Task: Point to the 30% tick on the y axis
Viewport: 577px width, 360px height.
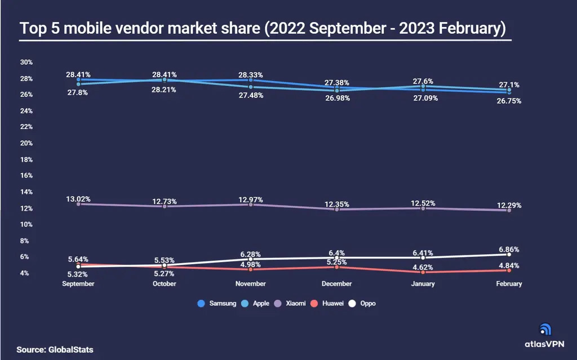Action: click(26, 62)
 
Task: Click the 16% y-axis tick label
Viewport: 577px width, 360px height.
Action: click(26, 176)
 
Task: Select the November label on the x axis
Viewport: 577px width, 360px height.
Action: click(251, 284)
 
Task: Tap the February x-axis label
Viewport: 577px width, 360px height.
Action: click(509, 284)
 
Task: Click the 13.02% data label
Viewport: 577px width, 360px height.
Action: click(78, 199)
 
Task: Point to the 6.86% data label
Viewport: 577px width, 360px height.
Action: click(509, 249)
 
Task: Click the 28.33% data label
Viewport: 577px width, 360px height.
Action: click(251, 75)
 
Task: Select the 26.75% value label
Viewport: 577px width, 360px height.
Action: click(509, 101)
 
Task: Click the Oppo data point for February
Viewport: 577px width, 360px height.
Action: click(509, 254)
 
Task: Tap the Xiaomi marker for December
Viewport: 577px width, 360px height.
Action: click(337, 209)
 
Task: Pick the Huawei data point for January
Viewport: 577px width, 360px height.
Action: click(423, 272)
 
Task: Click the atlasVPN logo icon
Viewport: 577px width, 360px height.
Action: click(545, 330)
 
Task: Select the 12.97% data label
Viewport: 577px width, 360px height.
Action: click(251, 200)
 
